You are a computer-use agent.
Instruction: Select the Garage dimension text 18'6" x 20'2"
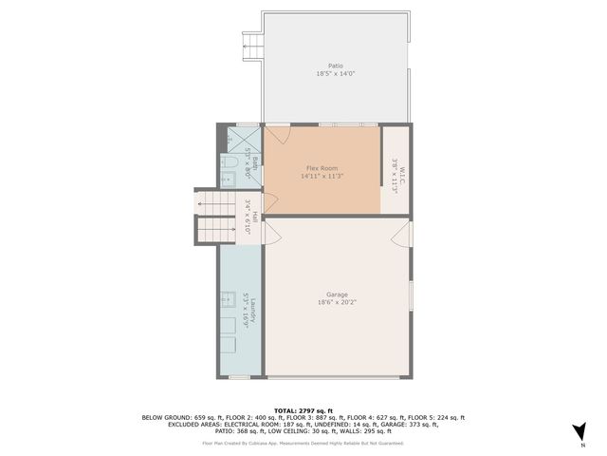336,303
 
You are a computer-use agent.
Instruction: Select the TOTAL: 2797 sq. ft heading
303,409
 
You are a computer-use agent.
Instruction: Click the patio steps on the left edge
251,43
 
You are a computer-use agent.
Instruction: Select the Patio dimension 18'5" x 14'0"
335,74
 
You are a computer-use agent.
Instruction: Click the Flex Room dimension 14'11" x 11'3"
322,175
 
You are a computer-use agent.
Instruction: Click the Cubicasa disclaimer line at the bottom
303,443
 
